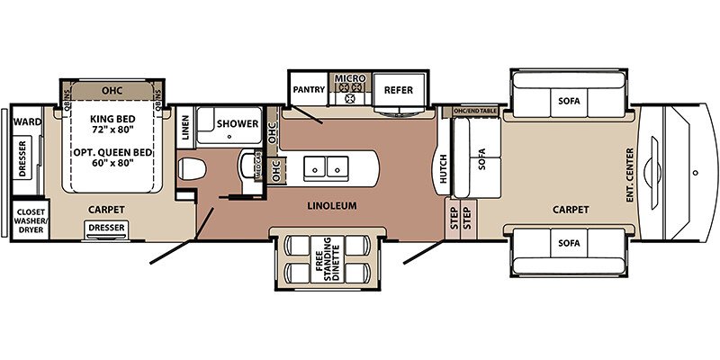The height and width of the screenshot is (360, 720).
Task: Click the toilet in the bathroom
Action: tap(192, 169)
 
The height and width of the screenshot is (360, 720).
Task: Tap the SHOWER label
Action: tap(238, 124)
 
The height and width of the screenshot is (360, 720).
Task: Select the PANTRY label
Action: tap(309, 89)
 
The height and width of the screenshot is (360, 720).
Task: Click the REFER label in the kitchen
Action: tap(399, 90)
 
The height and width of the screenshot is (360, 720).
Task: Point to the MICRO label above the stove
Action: tap(350, 78)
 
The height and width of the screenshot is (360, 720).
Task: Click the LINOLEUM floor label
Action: tap(332, 206)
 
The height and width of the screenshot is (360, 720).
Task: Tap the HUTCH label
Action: tap(443, 168)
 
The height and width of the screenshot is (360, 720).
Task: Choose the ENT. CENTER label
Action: tap(629, 175)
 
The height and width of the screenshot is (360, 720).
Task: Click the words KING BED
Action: tap(112, 119)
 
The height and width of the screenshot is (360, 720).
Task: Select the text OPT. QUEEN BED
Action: tap(112, 152)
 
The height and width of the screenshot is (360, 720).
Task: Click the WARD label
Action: tap(27, 121)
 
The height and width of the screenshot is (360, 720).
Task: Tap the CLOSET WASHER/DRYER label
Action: tap(31, 220)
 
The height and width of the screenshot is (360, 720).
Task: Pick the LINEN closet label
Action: tap(185, 128)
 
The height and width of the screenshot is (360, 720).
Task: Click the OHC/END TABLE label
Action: tap(475, 111)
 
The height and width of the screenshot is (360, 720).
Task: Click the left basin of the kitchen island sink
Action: tap(316, 168)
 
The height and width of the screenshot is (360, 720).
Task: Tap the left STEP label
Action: tap(454, 219)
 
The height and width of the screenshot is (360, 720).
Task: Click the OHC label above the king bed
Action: tap(112, 91)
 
